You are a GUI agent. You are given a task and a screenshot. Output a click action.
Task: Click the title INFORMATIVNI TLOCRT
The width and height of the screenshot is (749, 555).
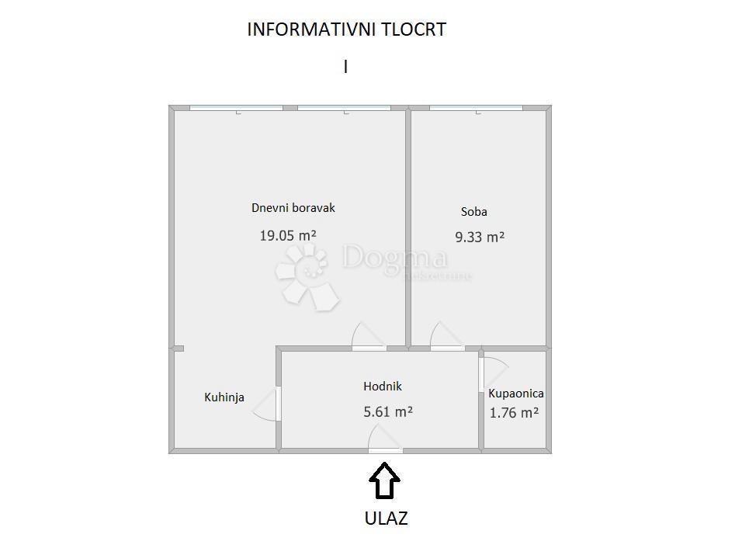pos(346,29)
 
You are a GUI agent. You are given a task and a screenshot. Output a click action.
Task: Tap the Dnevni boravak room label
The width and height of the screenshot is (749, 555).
pos(293,208)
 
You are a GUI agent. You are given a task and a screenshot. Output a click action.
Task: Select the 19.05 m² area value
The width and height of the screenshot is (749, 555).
pos(288,235)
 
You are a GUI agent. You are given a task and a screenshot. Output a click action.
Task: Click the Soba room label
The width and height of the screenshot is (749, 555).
pos(474,211)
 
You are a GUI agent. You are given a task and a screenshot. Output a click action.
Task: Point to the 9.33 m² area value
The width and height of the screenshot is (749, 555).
pos(480,238)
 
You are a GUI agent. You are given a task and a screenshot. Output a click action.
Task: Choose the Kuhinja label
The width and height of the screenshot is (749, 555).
pos(224,397)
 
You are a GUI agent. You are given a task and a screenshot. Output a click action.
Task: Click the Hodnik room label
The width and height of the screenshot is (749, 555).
pos(383,386)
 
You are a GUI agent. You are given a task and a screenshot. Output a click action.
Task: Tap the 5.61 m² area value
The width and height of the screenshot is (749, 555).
pos(388,412)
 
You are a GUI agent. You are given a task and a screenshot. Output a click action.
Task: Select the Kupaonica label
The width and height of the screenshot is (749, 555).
pos(516,394)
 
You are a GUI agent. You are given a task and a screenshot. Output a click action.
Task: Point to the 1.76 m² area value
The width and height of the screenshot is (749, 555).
pos(514,413)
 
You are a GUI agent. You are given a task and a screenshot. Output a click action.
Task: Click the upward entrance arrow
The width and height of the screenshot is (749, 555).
pos(384,480)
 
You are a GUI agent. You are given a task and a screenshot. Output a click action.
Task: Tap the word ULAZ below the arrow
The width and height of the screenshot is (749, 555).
pos(386,519)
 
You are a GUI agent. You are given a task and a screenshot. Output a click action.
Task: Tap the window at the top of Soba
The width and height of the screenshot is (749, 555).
pos(476,108)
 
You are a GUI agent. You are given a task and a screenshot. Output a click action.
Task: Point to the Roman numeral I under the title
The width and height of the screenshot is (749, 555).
pos(345,67)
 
